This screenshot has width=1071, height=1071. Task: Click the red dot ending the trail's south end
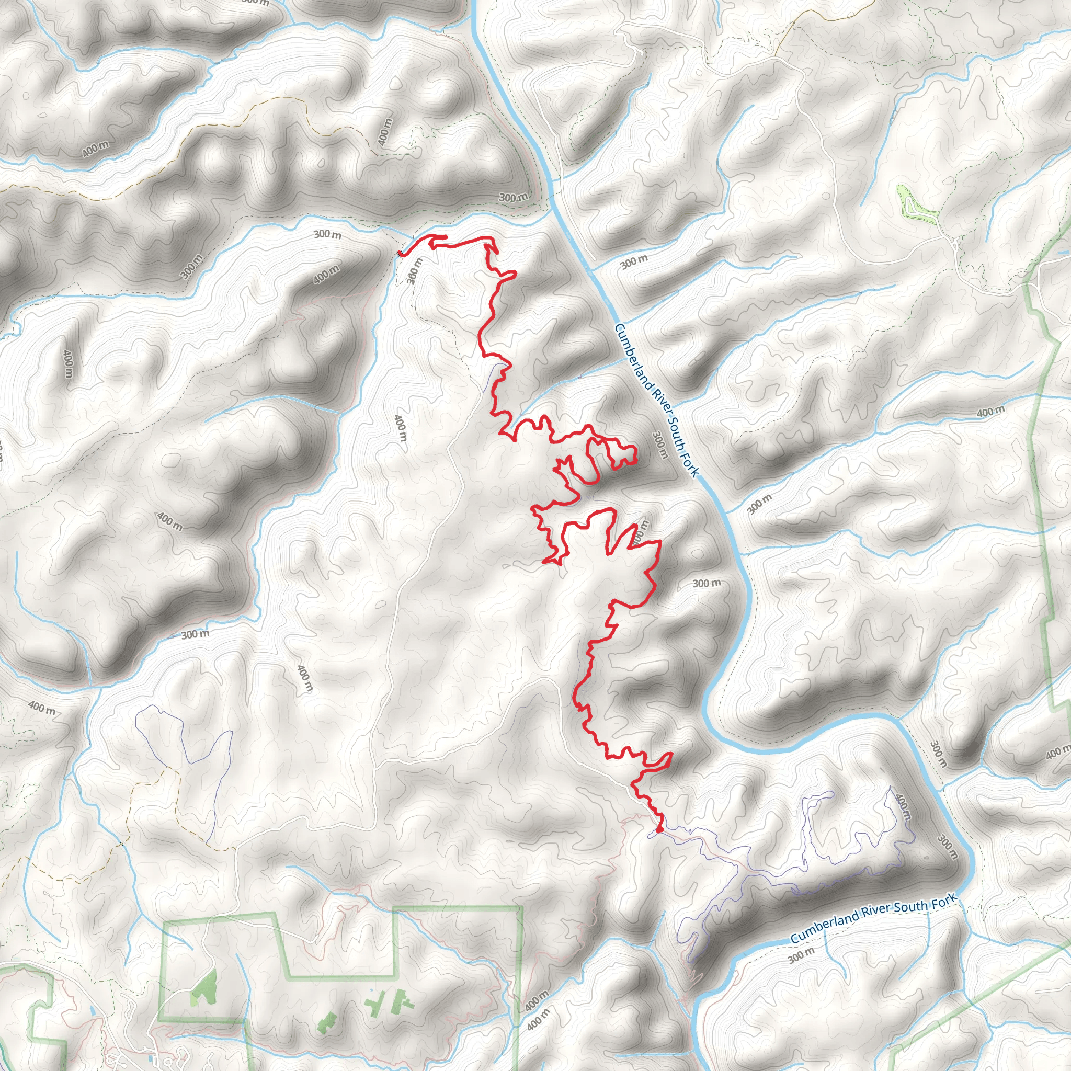pos(659,830)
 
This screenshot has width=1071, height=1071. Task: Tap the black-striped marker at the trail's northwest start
pos(400,254)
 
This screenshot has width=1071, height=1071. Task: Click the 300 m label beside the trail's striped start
pos(414,270)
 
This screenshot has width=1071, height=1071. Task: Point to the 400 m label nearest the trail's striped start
pos(325,275)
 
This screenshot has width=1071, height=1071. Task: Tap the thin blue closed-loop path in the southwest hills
pos(183,737)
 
